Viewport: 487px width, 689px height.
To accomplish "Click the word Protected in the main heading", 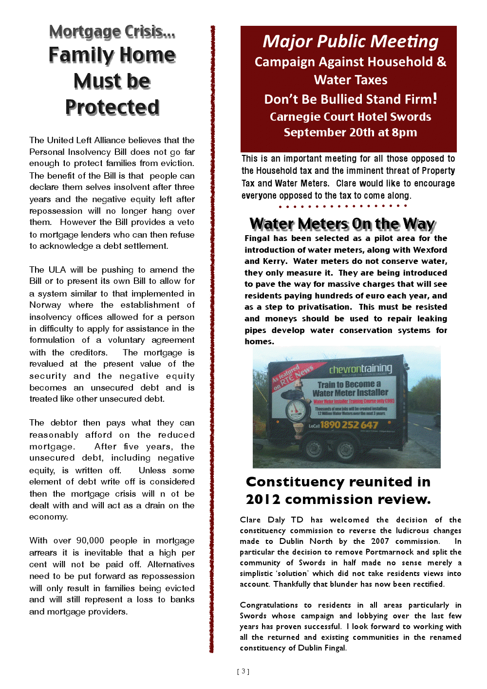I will pos(112,107).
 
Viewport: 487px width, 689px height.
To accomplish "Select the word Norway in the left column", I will pos(45,305).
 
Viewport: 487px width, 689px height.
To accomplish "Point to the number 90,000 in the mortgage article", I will pos(90,540).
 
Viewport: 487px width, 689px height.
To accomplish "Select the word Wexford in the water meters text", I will pos(430,250).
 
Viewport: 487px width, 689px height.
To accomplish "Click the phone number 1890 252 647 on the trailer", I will pos(349,425).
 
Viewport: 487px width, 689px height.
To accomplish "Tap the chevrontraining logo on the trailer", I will pos(360,369).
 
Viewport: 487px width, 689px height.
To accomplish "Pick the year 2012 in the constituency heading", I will pos(263,500).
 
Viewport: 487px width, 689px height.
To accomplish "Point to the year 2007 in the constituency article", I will pos(380,541).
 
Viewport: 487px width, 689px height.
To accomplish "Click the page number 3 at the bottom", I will pos(243,671).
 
